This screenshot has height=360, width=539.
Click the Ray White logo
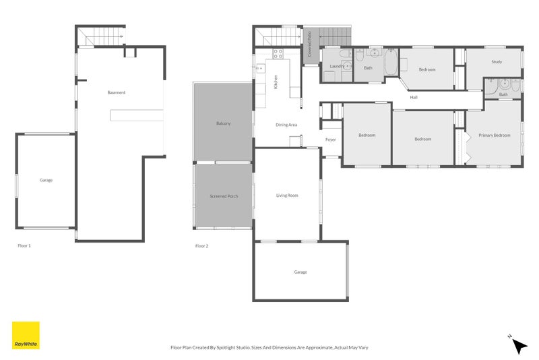pos(26,335)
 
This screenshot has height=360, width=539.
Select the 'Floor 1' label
pos(24,246)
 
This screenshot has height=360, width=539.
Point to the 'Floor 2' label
pos(201,246)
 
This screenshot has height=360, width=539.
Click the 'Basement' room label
pos(116,92)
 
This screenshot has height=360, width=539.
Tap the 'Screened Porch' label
pos(224,196)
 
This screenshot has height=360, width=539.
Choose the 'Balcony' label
pos(224,123)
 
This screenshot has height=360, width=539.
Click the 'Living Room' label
pos(287,196)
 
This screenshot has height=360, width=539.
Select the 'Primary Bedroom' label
pos(495,136)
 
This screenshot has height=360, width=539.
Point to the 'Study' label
pos(497,62)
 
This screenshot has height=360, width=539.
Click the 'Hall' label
pos(414,98)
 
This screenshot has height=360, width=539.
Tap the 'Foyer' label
pos(331,140)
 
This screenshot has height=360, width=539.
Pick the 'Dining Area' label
pos(286,125)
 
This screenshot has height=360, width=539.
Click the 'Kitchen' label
pos(276,82)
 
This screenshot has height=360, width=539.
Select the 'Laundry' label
pos(336,67)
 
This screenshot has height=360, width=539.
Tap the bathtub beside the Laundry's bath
pos(391,65)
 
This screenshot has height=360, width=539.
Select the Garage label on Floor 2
pos(300,272)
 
